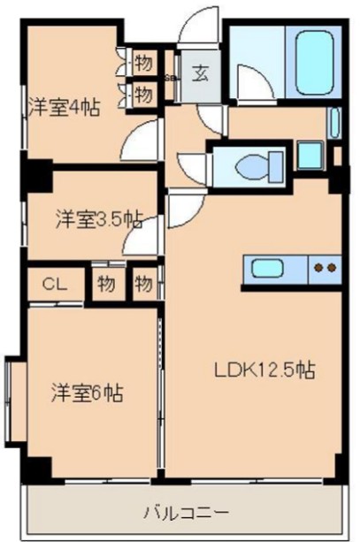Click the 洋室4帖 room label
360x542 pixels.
click(x=61, y=107)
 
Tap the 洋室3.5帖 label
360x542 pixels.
click(x=97, y=218)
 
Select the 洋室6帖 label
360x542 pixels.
click(x=86, y=392)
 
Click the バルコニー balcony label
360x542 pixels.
click(x=188, y=512)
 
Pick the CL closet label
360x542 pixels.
click(x=56, y=285)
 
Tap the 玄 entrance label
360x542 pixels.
click(x=201, y=74)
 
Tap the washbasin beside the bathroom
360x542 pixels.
click(x=334, y=122)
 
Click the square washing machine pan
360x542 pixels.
click(x=309, y=156)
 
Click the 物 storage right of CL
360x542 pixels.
click(x=106, y=285)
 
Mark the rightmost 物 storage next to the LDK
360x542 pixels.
click(x=144, y=285)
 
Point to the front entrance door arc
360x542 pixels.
click(x=195, y=24)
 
